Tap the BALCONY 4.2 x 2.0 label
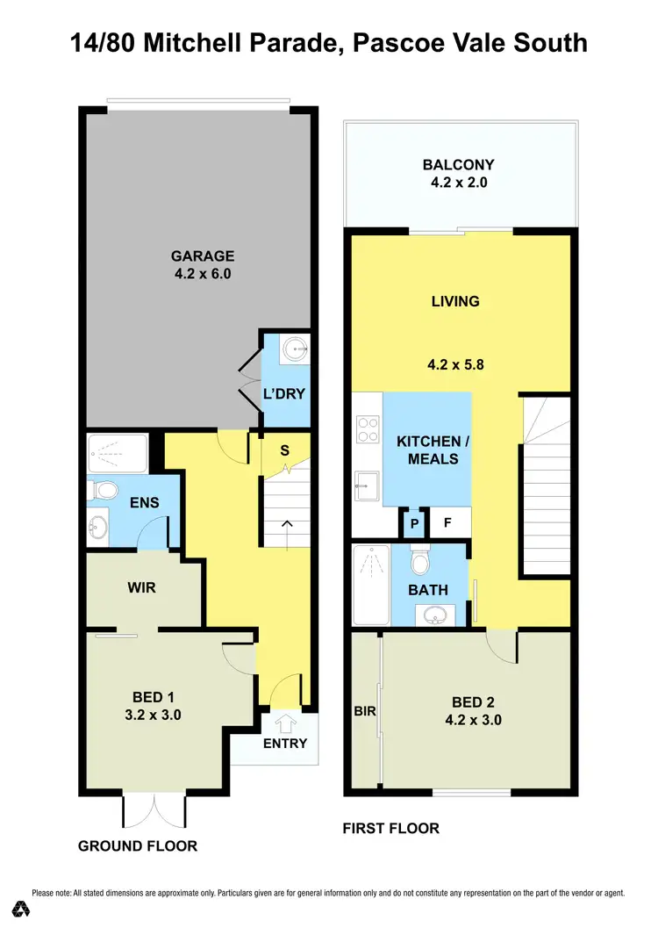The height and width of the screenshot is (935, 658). (x=458, y=174)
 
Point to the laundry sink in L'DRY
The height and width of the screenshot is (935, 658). (x=297, y=349)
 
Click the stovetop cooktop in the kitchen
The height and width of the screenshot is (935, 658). (x=366, y=430)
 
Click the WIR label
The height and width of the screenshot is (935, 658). (x=141, y=587)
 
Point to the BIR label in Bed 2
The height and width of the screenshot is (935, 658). (x=365, y=711)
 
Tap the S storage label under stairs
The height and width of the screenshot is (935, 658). (x=283, y=450)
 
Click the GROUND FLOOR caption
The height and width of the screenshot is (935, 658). (x=138, y=846)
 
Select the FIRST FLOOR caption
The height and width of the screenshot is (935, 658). (x=390, y=828)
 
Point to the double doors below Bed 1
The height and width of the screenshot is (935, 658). (x=154, y=809)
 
